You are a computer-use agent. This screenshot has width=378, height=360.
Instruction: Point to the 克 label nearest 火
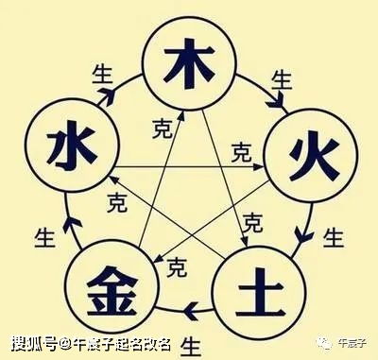[241, 151]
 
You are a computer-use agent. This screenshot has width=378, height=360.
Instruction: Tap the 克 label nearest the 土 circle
[251, 223]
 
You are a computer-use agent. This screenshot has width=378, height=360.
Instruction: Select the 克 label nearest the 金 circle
[176, 268]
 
